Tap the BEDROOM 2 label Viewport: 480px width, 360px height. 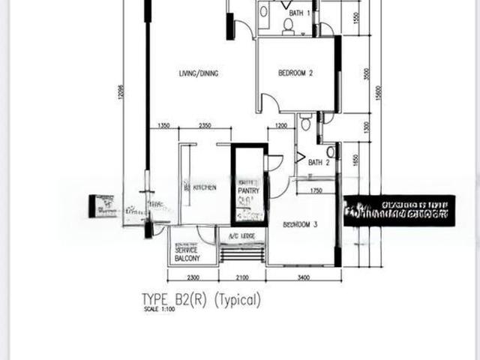pyautogui.click(x=295, y=73)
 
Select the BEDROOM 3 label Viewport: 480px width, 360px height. pyautogui.click(x=301, y=224)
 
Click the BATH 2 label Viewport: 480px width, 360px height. pyautogui.click(x=319, y=162)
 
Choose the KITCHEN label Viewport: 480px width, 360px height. pyautogui.click(x=204, y=187)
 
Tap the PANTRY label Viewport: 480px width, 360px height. pyautogui.click(x=249, y=191)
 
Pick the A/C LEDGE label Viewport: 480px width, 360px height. pyautogui.click(x=241, y=236)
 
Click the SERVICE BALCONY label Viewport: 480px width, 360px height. pyautogui.click(x=187, y=254)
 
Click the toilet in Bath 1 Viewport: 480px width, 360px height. pyautogui.click(x=287, y=26)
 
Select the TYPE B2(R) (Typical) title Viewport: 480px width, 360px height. pyautogui.click(x=202, y=300)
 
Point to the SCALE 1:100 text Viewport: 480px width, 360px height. pyautogui.click(x=154, y=310)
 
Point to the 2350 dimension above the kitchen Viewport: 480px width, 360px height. pyautogui.click(x=208, y=125)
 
